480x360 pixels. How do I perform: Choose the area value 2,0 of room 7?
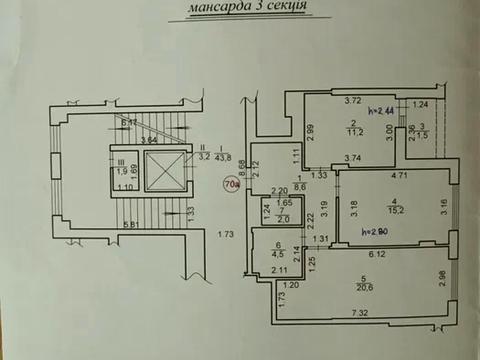coord(285,220)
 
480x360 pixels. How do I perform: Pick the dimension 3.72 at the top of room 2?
coord(352,100)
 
